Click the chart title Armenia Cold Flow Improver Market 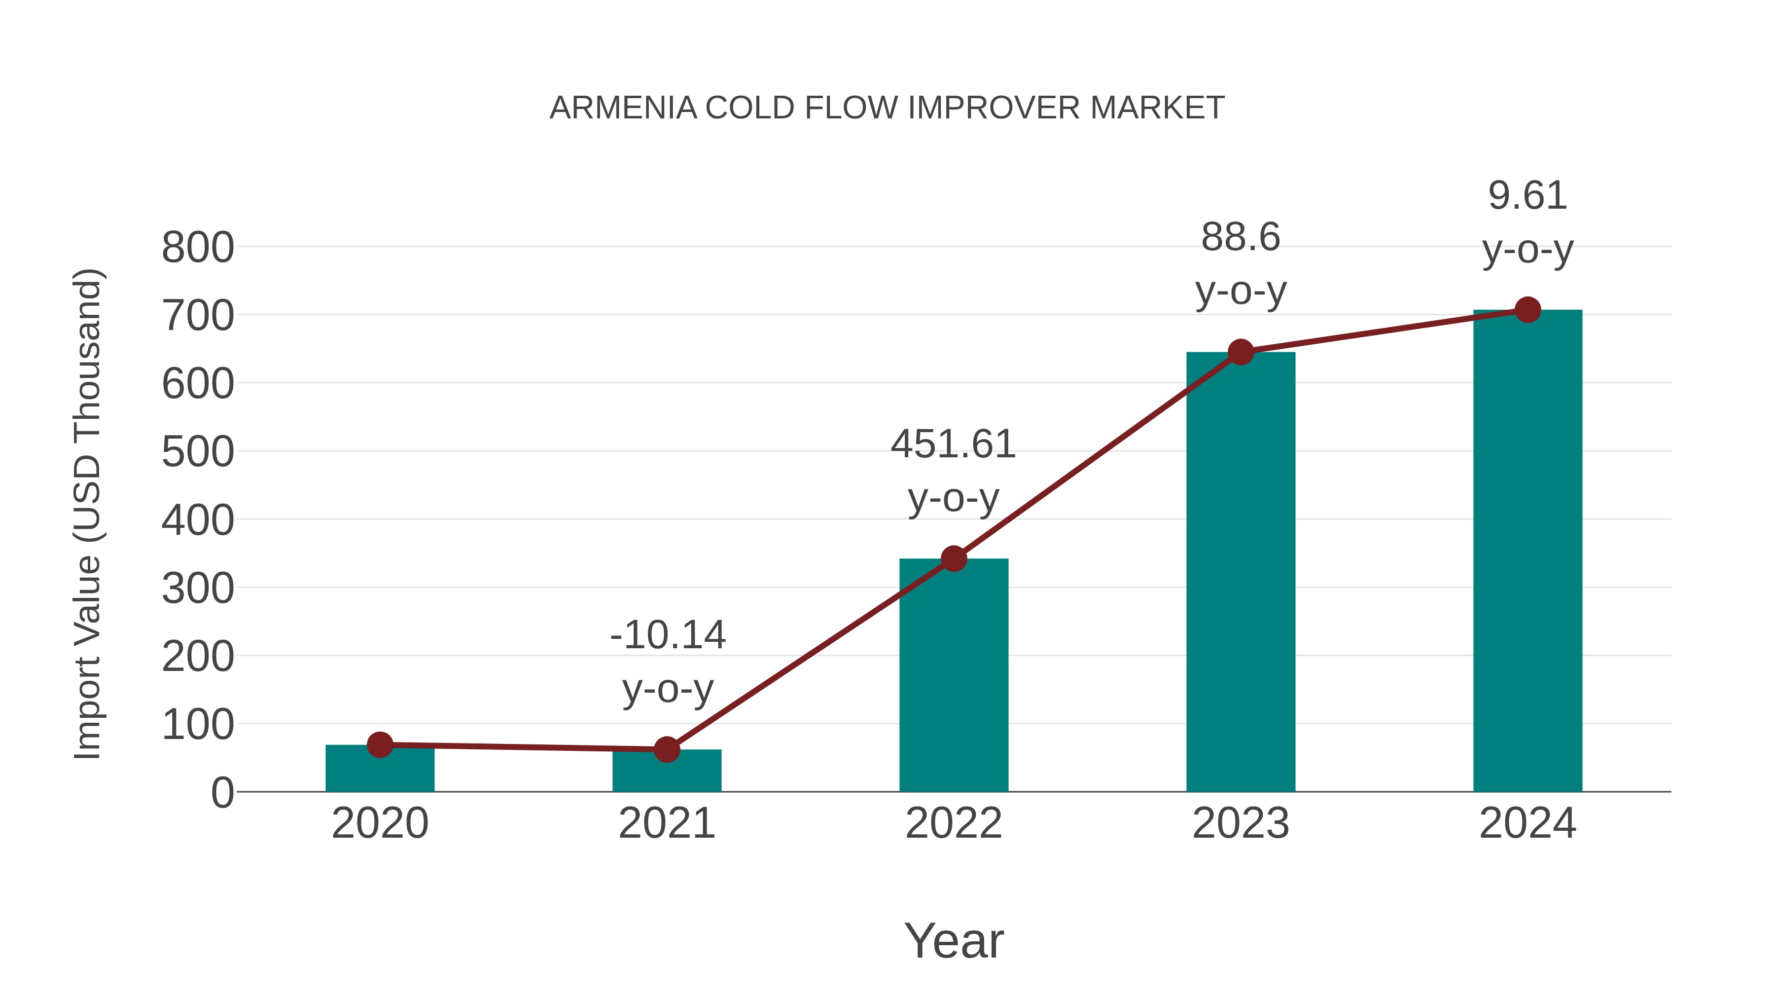(x=887, y=108)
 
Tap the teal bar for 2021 (x=666, y=774)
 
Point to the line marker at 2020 (x=380, y=744)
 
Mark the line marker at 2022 (x=954, y=558)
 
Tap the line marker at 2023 (x=1241, y=352)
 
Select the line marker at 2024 (x=1527, y=310)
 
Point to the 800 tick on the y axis (x=198, y=248)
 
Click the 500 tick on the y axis (x=198, y=452)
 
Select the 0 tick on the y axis (x=222, y=793)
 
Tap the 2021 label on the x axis (x=666, y=824)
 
